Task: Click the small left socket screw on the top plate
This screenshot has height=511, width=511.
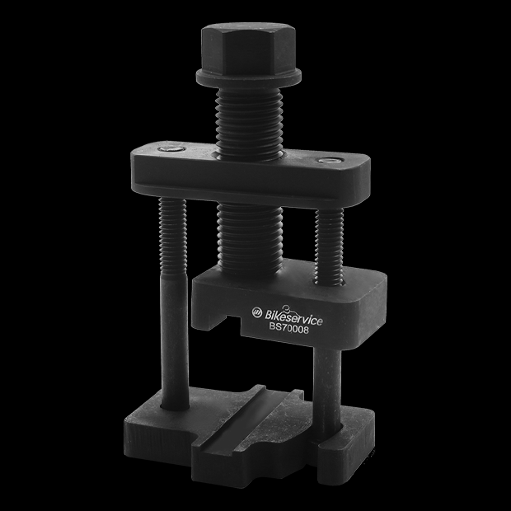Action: (x=170, y=149)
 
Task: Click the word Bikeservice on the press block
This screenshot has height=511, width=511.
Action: (x=295, y=312)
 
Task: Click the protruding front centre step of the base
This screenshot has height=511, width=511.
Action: (x=247, y=462)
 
